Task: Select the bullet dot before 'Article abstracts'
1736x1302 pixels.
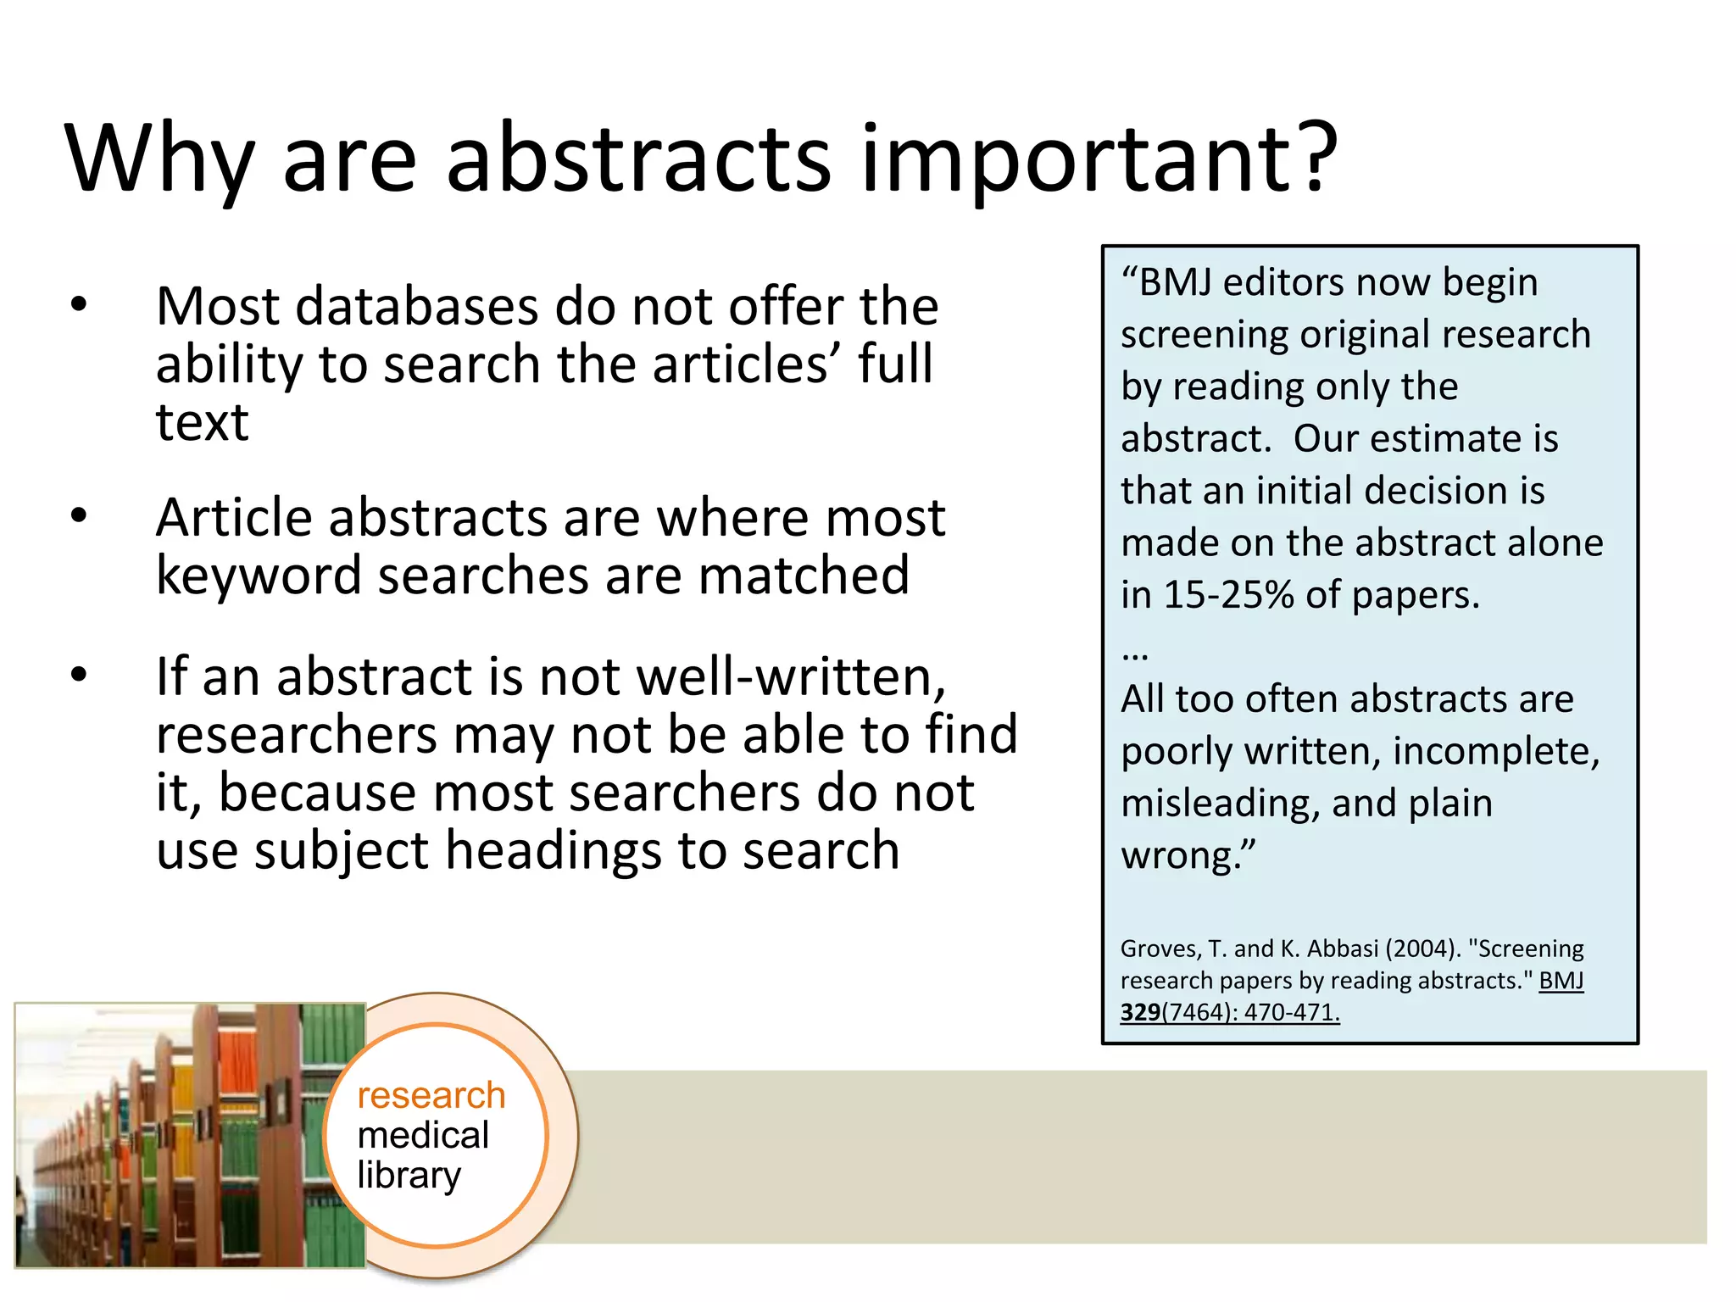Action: (x=79, y=515)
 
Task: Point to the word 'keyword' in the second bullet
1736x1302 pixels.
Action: (x=258, y=576)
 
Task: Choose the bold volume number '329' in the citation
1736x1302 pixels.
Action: (x=1140, y=1012)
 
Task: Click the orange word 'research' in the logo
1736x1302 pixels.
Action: (x=431, y=1096)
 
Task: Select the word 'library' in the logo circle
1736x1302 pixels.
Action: (x=409, y=1176)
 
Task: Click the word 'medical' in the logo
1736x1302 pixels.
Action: (x=423, y=1136)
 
